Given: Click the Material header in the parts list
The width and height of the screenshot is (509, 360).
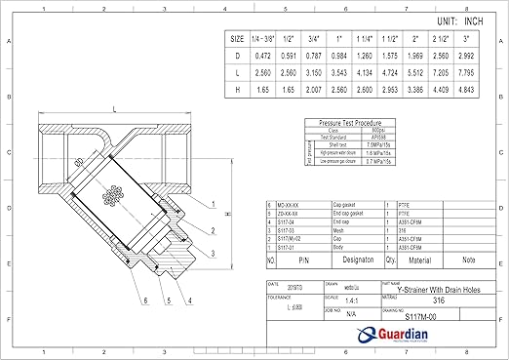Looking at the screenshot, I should point(419,261).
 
